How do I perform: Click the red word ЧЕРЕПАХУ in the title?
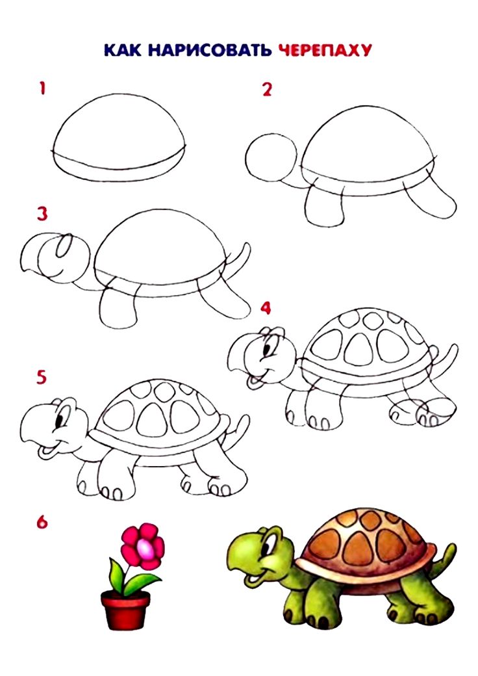point(325,50)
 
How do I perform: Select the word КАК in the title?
point(122,50)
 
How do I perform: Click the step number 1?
point(42,88)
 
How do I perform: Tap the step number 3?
point(42,214)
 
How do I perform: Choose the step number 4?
point(266,308)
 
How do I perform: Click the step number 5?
point(42,378)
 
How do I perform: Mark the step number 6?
point(42,522)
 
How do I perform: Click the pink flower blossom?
point(143,545)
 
